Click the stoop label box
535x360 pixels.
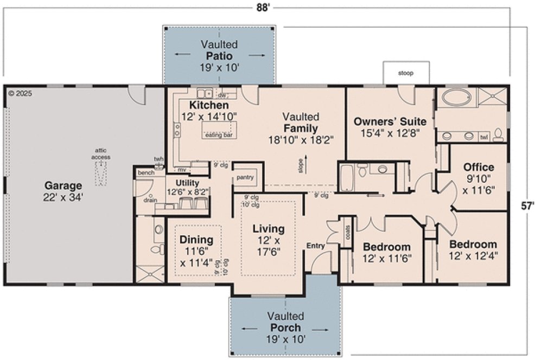point(406,73)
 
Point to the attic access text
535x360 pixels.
point(101,153)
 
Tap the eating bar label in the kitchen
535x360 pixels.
point(219,135)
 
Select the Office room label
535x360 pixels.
point(478,167)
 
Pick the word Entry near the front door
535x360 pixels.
point(316,246)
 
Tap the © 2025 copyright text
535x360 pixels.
point(21,93)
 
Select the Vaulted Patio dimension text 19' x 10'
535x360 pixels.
point(219,67)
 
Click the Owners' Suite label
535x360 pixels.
point(390,121)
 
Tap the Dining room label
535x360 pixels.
point(196,239)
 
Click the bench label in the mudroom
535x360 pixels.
point(145,172)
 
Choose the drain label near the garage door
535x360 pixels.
point(150,200)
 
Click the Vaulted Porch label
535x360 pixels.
point(285,328)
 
